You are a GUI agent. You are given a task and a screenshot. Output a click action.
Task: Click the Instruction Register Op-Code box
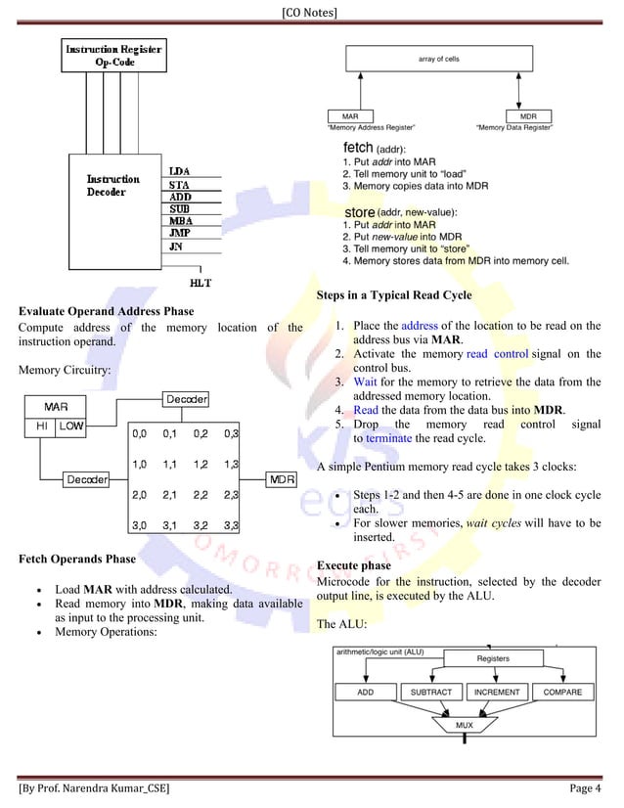click(114, 55)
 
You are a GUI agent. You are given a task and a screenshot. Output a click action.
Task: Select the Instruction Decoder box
click(113, 201)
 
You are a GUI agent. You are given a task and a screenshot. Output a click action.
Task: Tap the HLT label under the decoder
click(201, 283)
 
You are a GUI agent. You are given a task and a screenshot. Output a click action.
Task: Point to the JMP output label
click(179, 234)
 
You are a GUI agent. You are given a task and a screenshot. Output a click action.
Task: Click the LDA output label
click(179, 172)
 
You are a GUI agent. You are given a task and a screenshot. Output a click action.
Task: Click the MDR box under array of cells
click(528, 116)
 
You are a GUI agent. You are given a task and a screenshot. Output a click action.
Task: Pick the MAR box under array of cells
click(349, 116)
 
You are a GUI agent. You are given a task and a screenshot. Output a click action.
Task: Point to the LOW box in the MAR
click(70, 426)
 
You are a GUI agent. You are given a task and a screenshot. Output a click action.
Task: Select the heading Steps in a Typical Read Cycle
click(394, 295)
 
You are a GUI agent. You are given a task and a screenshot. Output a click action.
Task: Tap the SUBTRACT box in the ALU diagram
click(430, 692)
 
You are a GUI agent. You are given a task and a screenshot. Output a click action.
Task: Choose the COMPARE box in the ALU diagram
click(561, 692)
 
